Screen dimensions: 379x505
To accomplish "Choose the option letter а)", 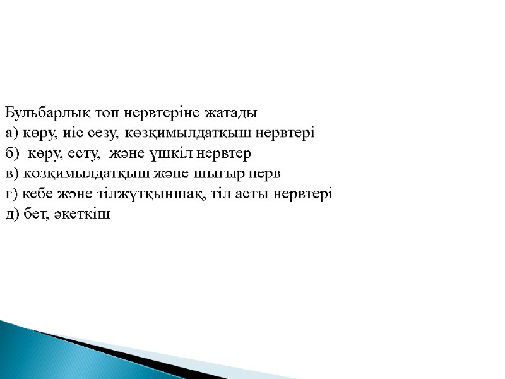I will [x=11, y=133].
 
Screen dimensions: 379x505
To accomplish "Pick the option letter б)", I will [x=11, y=153].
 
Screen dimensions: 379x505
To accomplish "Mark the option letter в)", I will [x=11, y=174].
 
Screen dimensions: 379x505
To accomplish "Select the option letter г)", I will [x=11, y=194].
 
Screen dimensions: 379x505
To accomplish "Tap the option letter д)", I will [x=11, y=214].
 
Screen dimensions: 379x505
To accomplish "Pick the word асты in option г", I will [x=259, y=194].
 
